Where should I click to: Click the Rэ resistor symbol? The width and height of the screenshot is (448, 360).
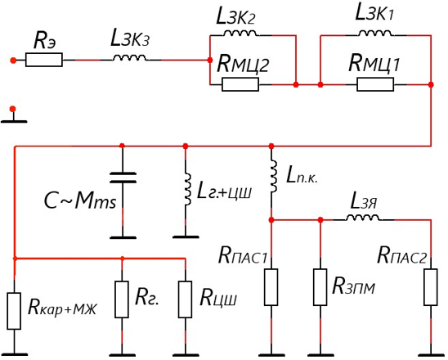tap(43, 60)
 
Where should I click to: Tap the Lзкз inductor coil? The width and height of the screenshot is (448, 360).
tap(129, 58)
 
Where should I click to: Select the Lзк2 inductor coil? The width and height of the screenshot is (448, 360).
tap(240, 34)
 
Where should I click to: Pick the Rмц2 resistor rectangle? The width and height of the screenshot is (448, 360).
tap(240, 84)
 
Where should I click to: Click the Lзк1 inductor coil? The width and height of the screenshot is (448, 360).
tap(375, 34)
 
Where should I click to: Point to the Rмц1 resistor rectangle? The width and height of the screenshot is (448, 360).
tap(375, 84)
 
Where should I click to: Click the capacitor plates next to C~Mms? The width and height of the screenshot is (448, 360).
tap(123, 178)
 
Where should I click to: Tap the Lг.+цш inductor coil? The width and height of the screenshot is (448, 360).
tap(187, 189)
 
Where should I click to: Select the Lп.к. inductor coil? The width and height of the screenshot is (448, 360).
tap(273, 177)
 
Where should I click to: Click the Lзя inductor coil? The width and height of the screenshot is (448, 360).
tap(363, 218)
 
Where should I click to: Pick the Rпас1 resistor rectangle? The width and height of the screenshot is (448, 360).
tap(271, 287)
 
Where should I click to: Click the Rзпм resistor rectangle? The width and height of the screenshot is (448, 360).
tap(320, 287)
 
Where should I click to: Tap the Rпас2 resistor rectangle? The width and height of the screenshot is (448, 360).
tap(431, 287)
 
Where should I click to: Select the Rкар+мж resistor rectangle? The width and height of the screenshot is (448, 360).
tap(14, 311)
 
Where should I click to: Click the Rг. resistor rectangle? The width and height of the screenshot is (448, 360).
tap(122, 299)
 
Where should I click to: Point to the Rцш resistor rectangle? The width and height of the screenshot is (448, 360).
tap(185, 299)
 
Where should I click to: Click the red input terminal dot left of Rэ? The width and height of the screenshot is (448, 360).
tap(13, 60)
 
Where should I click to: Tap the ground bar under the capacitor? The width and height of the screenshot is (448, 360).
tap(123, 237)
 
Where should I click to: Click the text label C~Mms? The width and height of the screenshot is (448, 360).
tap(80, 200)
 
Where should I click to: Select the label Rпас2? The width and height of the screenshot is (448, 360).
tap(402, 255)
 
